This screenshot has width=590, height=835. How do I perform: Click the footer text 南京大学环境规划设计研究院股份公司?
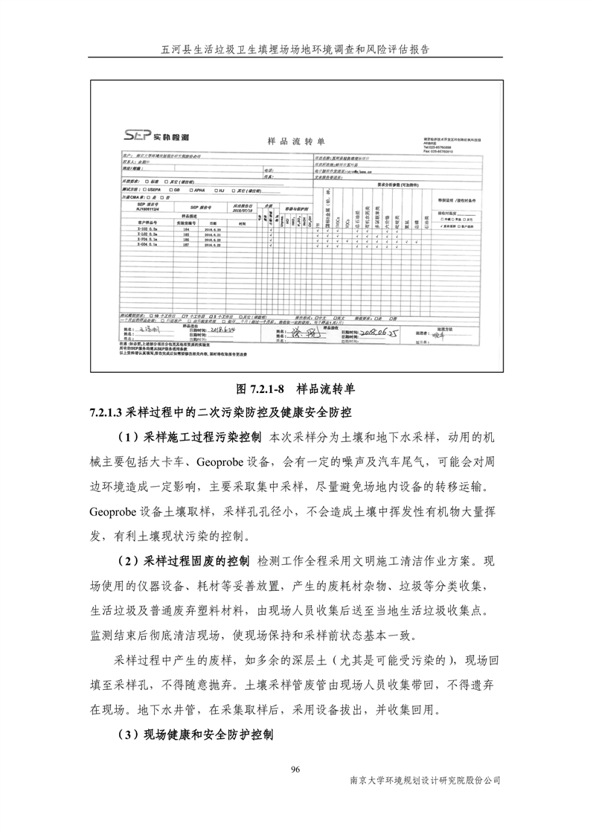click(x=425, y=781)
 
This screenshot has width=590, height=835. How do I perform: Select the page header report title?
click(x=295, y=49)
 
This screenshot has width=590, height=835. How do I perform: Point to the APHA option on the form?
click(x=199, y=190)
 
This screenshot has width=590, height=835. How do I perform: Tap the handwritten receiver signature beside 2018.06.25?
click(x=304, y=333)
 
